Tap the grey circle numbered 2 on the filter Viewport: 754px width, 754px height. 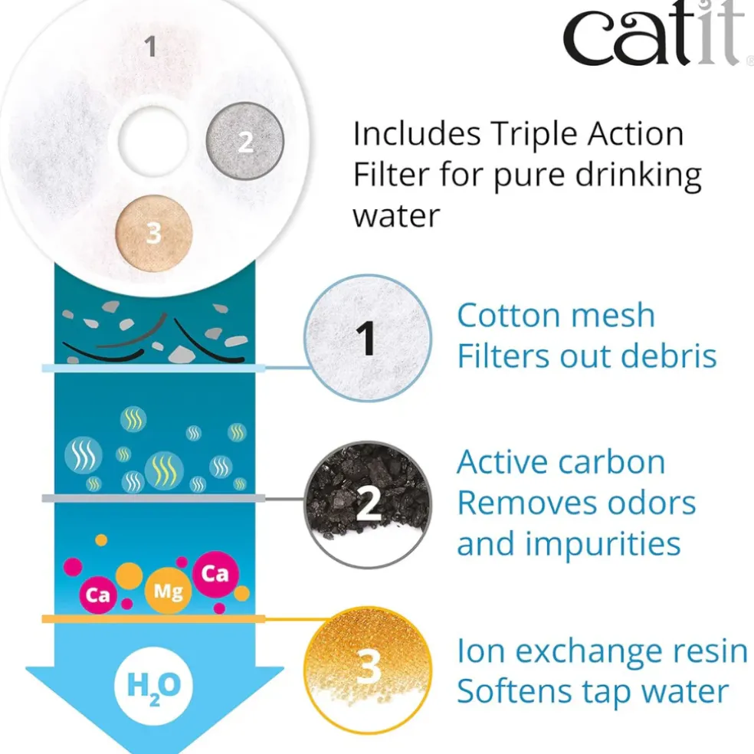(245, 141)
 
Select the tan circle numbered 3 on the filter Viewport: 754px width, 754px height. (154, 233)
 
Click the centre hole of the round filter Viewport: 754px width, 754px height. (153, 140)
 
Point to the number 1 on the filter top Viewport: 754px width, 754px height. (150, 47)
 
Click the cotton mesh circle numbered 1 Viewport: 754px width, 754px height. (368, 338)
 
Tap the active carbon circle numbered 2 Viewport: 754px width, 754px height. (368, 503)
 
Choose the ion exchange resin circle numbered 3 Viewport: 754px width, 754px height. (368, 670)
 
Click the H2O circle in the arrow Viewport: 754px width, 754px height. (154, 686)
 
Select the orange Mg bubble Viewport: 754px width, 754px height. (168, 591)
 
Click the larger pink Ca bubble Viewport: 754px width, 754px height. (215, 574)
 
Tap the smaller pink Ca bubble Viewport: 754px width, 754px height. (98, 595)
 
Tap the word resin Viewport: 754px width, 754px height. (710, 651)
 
